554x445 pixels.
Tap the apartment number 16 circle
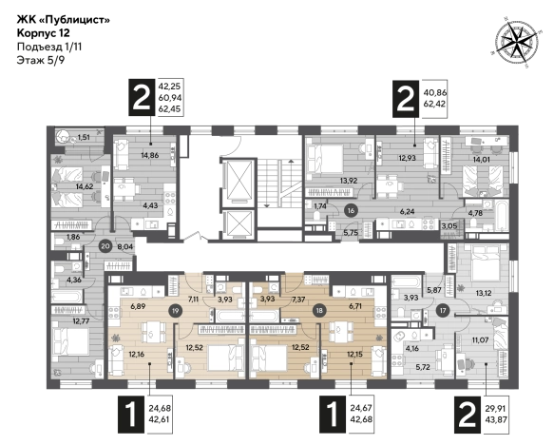(x=351, y=211)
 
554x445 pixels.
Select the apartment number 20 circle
(x=105, y=245)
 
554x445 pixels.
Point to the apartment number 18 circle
(x=319, y=311)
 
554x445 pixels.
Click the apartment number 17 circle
(x=443, y=311)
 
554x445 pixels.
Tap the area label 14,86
(x=150, y=155)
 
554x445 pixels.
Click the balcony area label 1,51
(x=84, y=137)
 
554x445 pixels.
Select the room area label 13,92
(x=349, y=181)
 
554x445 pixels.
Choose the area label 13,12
(x=484, y=293)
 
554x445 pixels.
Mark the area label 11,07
(x=480, y=340)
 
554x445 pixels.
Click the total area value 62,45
(x=169, y=108)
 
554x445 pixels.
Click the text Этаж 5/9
(x=41, y=60)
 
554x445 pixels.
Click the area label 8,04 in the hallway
(x=125, y=246)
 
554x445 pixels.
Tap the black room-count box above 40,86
(x=406, y=98)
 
